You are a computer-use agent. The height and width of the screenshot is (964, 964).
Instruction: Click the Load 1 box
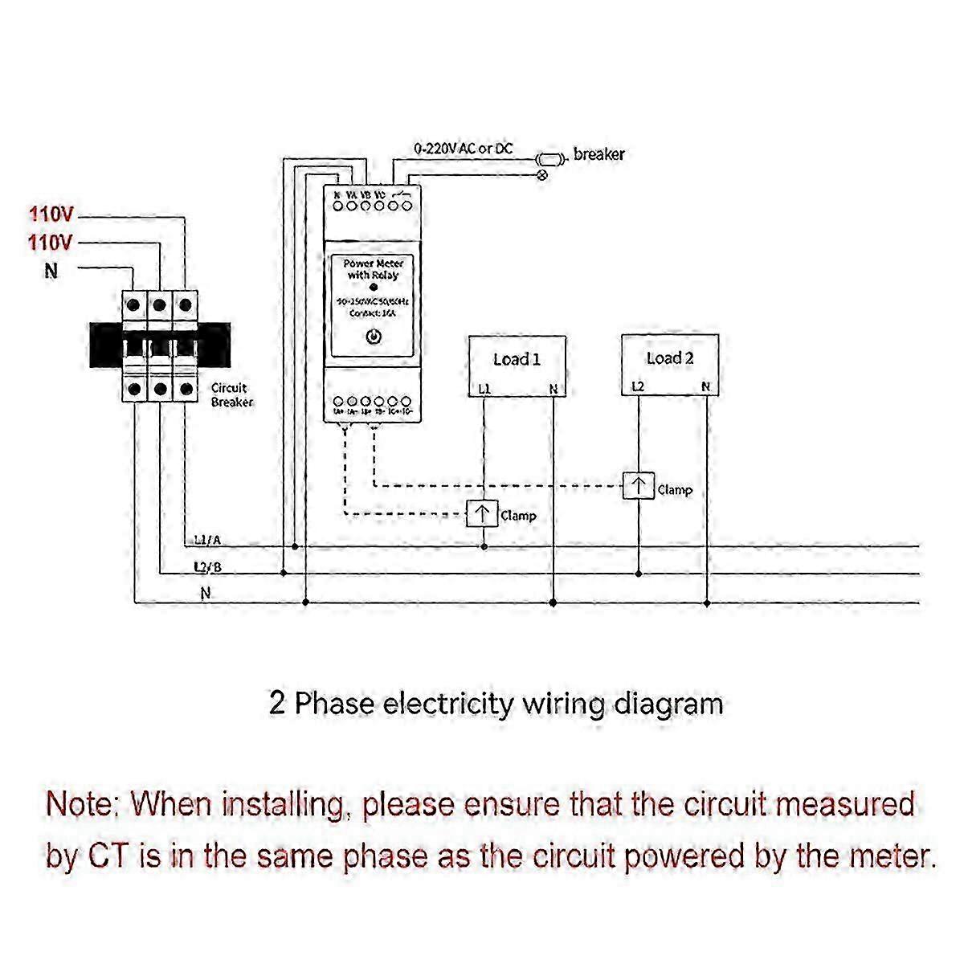point(517,366)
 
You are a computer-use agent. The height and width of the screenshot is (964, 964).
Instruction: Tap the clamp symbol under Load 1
point(483,514)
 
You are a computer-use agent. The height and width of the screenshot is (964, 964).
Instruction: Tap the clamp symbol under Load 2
point(639,487)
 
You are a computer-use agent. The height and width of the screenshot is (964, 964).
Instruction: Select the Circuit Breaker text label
point(231,394)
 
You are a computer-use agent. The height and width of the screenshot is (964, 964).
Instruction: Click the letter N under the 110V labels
point(51,271)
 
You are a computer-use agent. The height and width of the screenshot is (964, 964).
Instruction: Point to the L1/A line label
point(207,541)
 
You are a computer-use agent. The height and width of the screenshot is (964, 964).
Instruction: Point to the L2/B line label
point(207,567)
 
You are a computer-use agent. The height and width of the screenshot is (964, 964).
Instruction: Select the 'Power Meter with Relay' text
point(373,269)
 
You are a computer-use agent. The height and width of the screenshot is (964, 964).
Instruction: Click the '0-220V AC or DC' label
point(463,149)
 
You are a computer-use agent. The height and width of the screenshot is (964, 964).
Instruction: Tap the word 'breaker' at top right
point(598,153)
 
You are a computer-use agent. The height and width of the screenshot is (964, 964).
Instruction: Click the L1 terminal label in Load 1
point(484,389)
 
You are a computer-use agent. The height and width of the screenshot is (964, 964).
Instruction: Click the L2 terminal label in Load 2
point(637,386)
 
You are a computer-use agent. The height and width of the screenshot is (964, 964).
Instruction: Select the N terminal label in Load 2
point(705,386)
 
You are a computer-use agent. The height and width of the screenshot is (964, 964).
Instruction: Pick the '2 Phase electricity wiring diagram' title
point(496,704)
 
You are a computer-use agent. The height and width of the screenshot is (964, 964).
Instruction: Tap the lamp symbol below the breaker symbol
point(542,174)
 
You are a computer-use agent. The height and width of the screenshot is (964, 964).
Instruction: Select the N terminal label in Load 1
point(553,389)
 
